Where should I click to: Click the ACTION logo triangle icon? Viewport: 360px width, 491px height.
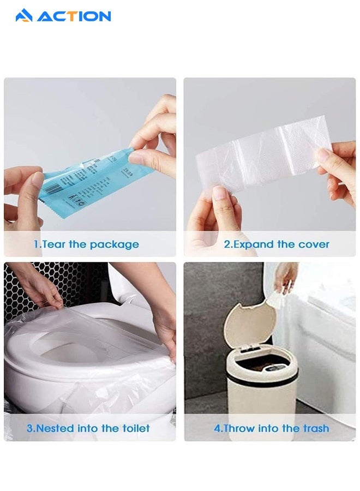tap(24, 16)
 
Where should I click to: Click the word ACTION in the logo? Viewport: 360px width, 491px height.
tap(74, 16)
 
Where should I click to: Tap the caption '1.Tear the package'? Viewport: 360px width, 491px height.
tap(86, 244)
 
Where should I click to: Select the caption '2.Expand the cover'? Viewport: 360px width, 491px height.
tap(277, 244)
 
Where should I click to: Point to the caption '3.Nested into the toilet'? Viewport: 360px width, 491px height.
tap(88, 428)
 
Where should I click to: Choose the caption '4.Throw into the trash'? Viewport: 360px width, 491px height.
tap(271, 428)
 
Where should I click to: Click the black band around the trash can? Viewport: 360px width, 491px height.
tap(262, 379)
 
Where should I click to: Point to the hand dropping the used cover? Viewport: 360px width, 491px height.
tap(286, 276)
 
